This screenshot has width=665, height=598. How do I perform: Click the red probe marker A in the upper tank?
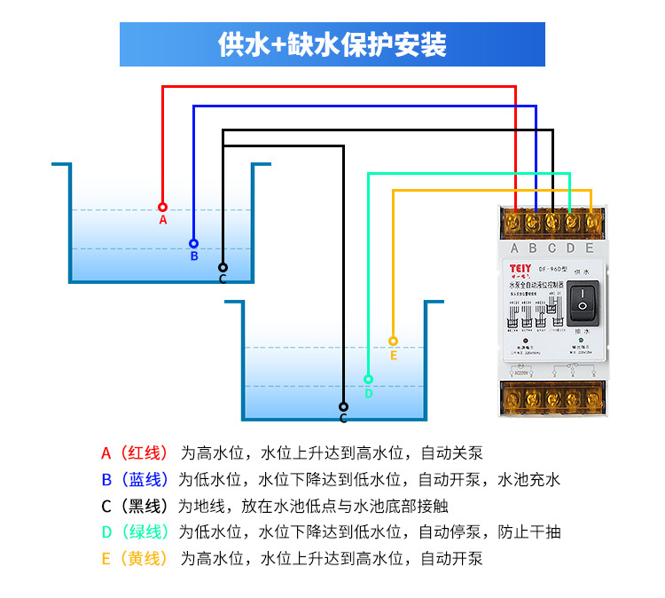tap(162, 207)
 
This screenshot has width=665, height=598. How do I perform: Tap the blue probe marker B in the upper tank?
tap(193, 243)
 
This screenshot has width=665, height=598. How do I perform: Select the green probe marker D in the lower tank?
tap(368, 380)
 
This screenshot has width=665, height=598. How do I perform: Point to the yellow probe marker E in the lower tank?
tap(393, 341)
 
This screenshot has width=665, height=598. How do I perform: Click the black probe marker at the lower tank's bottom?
tap(343, 407)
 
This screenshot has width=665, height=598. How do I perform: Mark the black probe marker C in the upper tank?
tap(223, 267)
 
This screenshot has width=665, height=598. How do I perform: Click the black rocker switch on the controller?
tap(583, 302)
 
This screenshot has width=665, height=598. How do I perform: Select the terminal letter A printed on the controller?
tap(515, 248)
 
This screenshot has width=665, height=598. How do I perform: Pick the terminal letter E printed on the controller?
tap(590, 248)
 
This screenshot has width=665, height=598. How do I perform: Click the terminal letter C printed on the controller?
tap(552, 248)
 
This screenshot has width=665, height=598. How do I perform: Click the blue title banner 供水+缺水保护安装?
tap(332, 44)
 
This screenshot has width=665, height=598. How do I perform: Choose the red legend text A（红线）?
tap(134, 453)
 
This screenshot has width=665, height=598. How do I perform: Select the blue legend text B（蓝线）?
tap(134, 480)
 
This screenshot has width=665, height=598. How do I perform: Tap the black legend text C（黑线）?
tap(134, 507)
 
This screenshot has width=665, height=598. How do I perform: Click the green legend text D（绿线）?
tap(134, 532)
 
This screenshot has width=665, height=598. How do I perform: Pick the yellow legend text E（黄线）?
tap(134, 559)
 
